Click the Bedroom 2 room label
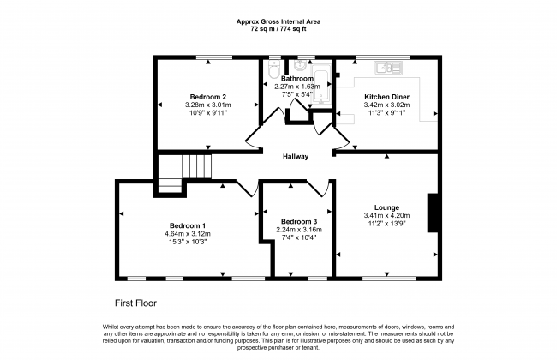click(208, 97)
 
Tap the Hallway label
click(296, 156)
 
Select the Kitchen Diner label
click(386, 97)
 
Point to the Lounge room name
click(386, 207)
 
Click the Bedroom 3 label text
click(299, 221)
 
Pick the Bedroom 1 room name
click(188, 225)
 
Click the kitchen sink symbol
click(387, 68)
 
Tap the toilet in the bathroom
click(274, 69)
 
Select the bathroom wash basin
click(302, 65)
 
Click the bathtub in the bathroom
click(321, 84)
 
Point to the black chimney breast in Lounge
click(432, 213)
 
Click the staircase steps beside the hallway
click(197, 166)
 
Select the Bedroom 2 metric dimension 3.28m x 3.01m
click(208, 105)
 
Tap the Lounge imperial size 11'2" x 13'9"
click(386, 224)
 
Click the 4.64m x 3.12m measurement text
click(188, 234)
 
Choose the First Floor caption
click(135, 303)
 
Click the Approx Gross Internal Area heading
click(278, 21)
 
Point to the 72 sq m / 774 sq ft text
click(278, 29)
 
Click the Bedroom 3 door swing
click(317, 189)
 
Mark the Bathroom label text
click(297, 79)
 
